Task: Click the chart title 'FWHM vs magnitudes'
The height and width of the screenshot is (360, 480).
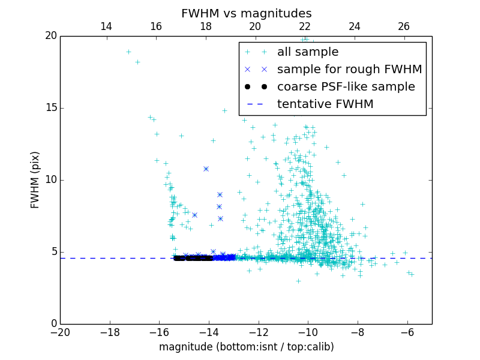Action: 246,13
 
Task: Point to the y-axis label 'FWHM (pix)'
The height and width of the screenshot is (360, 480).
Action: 35,180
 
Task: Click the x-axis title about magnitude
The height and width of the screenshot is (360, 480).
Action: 246,347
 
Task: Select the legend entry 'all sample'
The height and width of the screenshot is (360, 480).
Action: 308,52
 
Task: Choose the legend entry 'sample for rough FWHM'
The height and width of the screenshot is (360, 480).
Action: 349,69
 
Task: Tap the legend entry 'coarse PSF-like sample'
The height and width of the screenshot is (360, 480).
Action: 346,86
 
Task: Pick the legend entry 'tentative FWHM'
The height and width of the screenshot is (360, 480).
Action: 325,104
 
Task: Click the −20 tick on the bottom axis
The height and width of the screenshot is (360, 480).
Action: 60,332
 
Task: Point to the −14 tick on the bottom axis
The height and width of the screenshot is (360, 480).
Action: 209,332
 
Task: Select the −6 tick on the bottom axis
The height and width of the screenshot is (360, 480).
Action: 407,332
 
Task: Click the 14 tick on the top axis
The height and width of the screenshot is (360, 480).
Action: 106,26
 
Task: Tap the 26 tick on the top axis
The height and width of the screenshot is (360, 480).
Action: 404,26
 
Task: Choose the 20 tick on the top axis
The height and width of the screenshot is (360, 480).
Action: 255,26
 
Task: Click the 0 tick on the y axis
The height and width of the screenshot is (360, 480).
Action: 53,324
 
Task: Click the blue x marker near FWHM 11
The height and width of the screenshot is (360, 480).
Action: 206,169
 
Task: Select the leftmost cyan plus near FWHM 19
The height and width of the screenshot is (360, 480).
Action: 128,52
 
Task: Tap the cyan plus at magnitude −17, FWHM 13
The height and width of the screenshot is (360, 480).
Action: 157,134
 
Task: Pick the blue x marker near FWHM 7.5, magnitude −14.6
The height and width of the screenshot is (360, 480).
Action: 194,215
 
